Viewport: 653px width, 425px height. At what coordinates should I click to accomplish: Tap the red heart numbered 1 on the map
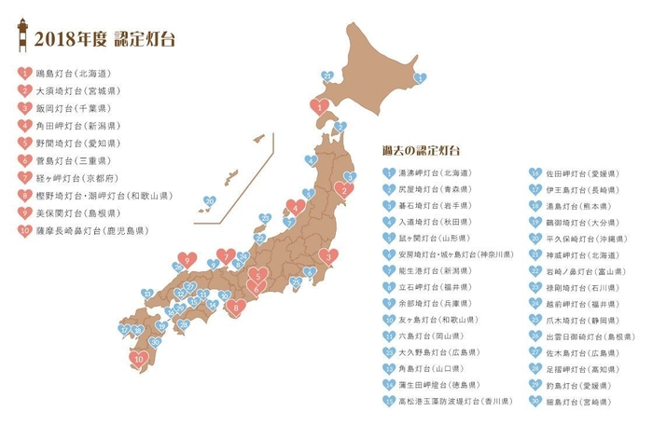(320, 107)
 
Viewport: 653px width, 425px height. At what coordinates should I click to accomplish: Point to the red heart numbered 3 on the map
(327, 256)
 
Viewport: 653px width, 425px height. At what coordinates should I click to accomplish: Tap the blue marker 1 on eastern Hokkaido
(420, 79)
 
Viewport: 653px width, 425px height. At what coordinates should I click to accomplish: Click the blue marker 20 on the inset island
(210, 200)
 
